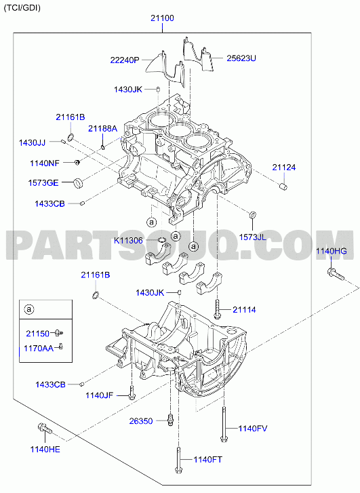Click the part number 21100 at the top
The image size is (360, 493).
point(162,18)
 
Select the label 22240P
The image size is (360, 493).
point(125,60)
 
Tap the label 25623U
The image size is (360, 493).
point(241,58)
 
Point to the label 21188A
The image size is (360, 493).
point(102,128)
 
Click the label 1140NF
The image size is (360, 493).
point(45,163)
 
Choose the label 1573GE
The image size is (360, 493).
point(43,182)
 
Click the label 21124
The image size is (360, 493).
point(284,167)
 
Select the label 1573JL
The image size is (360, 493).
point(252,237)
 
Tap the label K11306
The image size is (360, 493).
point(128,241)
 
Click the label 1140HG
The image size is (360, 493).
point(332,251)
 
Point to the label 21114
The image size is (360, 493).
point(244,310)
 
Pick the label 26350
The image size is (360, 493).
point(141,420)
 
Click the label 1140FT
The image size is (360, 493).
point(207,460)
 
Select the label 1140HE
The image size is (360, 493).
point(45,450)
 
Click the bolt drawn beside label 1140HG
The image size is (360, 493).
point(335,274)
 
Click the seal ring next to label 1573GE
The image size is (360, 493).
point(79,182)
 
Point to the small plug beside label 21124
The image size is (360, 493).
point(283,186)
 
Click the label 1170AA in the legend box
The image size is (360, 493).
point(39,348)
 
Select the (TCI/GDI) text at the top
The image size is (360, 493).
point(22,8)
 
